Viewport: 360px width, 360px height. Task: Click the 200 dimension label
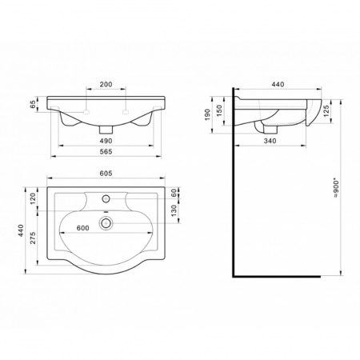[x=106, y=84]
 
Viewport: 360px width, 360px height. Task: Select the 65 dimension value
[x=33, y=104]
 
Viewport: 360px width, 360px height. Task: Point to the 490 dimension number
[x=106, y=141]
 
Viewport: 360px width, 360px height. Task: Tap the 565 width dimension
[x=106, y=151]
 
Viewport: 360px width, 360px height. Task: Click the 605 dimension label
[x=106, y=174]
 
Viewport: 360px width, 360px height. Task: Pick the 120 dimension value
[x=33, y=198]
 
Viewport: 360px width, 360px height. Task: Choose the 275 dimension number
[x=33, y=238]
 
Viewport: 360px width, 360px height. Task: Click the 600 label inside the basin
[x=82, y=228]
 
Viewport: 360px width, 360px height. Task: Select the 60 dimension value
[x=174, y=193]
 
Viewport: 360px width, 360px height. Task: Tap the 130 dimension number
[x=174, y=210]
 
